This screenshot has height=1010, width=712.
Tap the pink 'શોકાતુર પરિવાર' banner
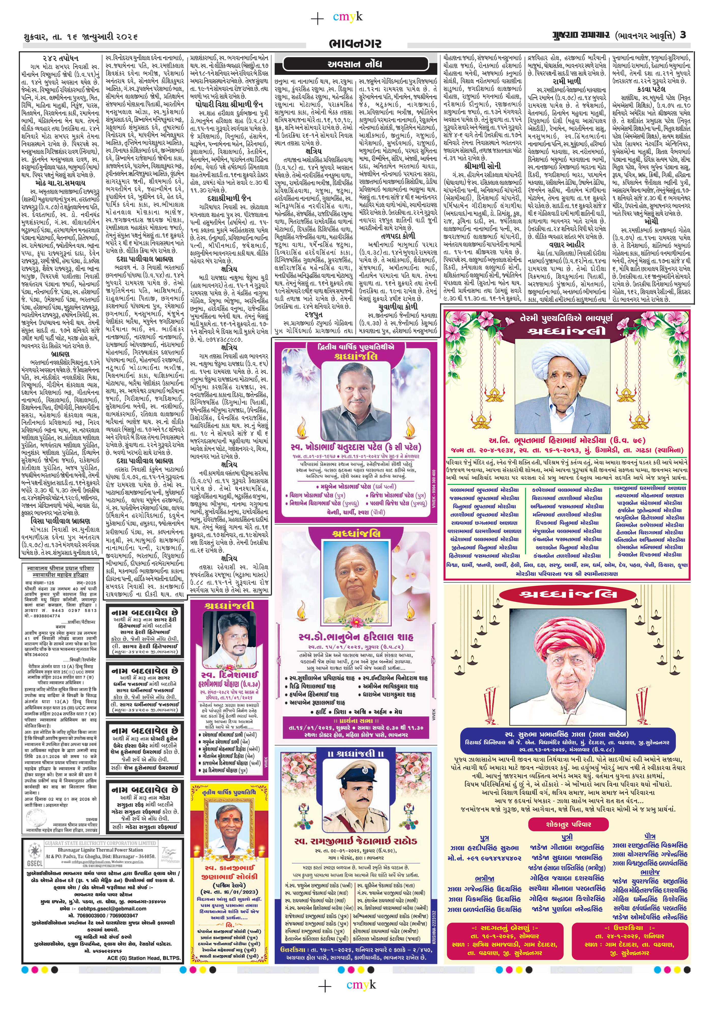point(568,823)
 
